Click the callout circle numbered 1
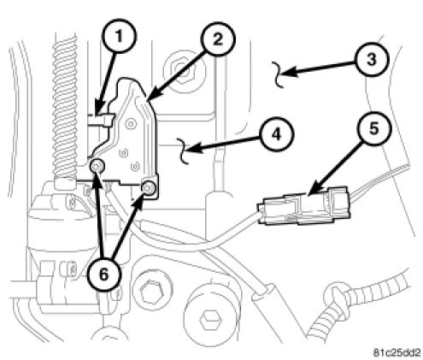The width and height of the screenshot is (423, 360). coord(120,36)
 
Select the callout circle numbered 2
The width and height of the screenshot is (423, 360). coord(218,39)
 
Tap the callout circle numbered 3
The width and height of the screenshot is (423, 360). coord(372,60)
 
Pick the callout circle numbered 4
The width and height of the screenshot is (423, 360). coord(276,134)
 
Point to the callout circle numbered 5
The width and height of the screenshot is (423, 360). coord(373,128)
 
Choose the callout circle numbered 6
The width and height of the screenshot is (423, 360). coord(104,275)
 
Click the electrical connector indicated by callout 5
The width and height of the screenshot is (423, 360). coord(303,205)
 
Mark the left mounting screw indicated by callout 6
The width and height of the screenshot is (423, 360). coord(97,166)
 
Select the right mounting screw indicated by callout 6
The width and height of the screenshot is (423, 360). coord(150,188)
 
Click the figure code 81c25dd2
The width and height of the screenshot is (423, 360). coord(397,352)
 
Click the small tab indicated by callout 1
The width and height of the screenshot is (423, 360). coord(100,120)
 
